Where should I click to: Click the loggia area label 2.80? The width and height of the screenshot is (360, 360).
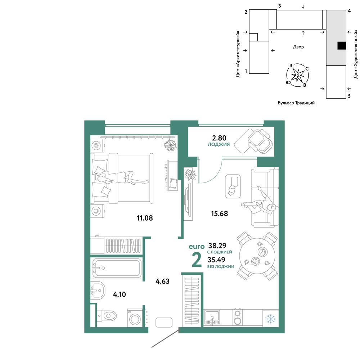coord(219,138)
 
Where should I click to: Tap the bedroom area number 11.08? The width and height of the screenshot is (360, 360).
coord(145,218)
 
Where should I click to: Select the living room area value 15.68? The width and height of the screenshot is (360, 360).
coord(220,213)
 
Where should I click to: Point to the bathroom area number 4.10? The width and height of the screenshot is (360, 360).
coord(120,294)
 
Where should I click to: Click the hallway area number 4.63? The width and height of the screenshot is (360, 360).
coord(163,281)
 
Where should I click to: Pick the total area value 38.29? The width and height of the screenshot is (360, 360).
coord(217,246)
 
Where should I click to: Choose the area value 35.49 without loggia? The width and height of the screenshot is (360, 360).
coord(216,260)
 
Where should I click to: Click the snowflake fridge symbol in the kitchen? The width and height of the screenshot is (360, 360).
coord(270,319)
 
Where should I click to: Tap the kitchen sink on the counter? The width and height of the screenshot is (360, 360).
coord(212,317)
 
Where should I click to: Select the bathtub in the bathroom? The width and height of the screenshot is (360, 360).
coord(117,268)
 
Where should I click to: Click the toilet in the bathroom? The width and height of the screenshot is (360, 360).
coord(107,316)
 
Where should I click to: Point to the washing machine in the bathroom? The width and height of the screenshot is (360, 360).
coord(135,318)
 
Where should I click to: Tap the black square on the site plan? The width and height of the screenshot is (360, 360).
coord(342,46)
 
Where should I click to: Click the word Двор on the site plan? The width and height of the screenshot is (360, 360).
coord(298,47)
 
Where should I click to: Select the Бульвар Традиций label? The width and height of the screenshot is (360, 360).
coord(296,103)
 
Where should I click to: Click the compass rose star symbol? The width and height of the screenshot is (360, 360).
coord(298,75)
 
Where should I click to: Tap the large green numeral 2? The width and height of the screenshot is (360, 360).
coord(197,260)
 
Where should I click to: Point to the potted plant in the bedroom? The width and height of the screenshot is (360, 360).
coord(170,145)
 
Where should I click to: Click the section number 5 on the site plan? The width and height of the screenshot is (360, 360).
coord(349,96)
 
